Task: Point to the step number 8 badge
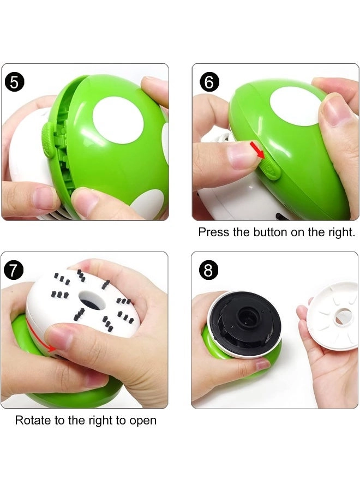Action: click(x=209, y=270)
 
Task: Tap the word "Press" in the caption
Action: click(x=213, y=232)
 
